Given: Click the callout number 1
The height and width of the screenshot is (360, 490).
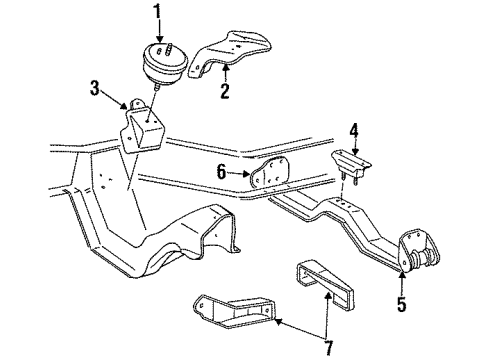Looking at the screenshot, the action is tap(157, 12).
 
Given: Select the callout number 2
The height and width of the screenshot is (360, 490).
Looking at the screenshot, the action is tap(225, 91).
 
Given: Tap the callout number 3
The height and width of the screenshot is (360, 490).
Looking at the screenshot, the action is tap(95, 88).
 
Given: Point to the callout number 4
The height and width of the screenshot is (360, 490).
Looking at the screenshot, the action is tap(354, 131).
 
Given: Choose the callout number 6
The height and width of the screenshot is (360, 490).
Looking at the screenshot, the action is tap(221, 172).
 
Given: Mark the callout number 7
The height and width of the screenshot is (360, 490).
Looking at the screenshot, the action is tap(329, 348).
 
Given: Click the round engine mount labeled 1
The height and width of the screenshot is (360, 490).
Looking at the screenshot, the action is tap(164, 63).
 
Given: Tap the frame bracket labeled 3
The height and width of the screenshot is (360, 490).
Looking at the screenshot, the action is tap(142, 128).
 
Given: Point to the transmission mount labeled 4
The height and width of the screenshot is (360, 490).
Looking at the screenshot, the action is tap(351, 166).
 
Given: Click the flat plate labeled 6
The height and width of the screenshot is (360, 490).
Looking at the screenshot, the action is tap(269, 174).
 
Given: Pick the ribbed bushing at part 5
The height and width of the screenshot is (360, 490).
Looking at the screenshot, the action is tap(424, 259).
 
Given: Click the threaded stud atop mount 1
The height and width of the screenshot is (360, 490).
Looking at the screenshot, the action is tap(169, 49).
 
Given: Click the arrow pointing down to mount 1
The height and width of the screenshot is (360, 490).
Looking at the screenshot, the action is tap(160, 31).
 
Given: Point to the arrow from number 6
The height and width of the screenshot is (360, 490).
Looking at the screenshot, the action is tap(239, 173).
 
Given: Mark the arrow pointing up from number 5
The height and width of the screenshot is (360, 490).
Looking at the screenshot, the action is tap(402, 283).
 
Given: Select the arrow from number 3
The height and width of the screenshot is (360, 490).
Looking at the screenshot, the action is tap(114, 99).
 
